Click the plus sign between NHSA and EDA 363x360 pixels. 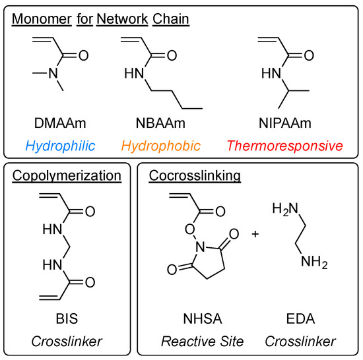tap(254, 235)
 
